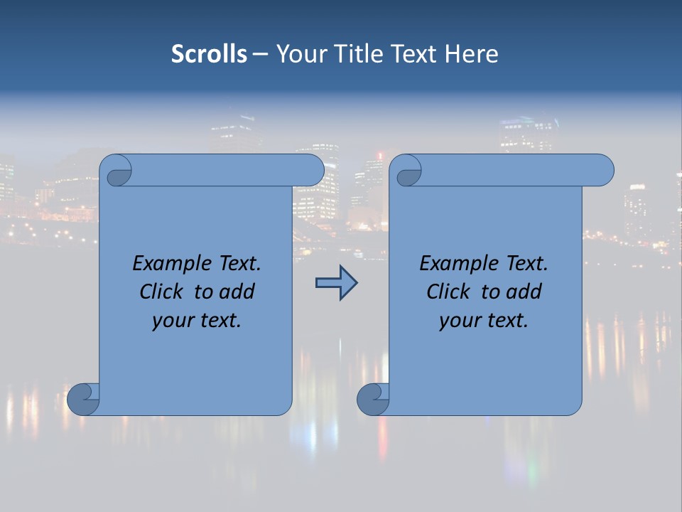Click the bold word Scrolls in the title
(x=209, y=53)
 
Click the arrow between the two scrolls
(x=336, y=283)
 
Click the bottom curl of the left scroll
(x=83, y=399)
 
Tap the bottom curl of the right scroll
(x=372, y=399)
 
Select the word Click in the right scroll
(x=448, y=292)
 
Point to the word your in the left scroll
(x=171, y=321)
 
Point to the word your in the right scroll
(x=458, y=321)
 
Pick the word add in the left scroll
(x=237, y=292)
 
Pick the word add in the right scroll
(x=524, y=292)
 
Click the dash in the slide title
(x=260, y=54)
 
